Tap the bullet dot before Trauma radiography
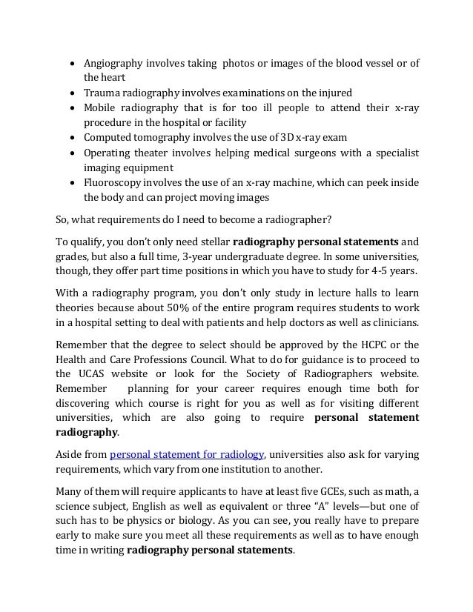73,93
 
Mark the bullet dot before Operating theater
73,153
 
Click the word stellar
214,242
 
